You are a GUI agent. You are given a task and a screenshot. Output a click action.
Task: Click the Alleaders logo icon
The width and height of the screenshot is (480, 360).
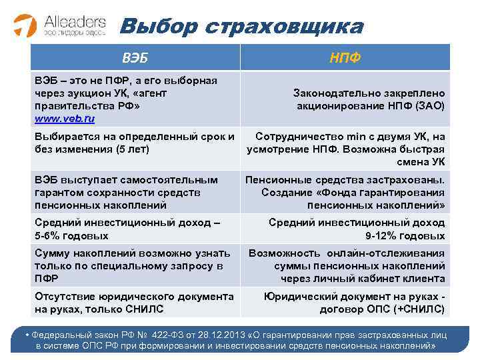(25, 25)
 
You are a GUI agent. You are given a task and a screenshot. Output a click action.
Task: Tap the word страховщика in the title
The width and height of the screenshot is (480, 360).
(286, 27)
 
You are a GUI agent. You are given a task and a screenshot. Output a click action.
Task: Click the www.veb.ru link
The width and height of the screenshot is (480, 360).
(65, 119)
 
